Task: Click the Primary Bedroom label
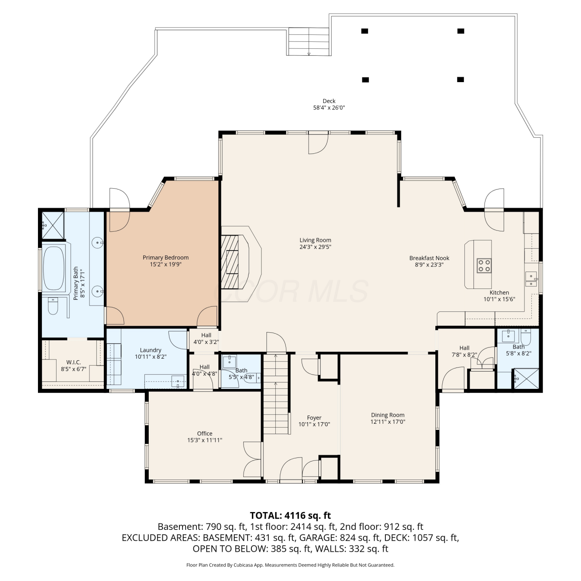(165, 258)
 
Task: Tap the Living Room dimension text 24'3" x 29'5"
(315, 247)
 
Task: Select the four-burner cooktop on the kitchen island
(484, 266)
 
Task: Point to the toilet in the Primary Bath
(53, 306)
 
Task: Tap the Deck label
(329, 101)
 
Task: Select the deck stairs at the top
(309, 42)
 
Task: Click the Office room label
(205, 433)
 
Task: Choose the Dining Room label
(388, 415)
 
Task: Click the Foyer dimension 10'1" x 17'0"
(314, 424)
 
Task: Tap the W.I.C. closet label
(74, 363)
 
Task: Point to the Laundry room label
(150, 350)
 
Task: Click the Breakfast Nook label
(429, 258)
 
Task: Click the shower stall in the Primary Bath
(53, 225)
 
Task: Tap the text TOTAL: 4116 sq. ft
(290, 516)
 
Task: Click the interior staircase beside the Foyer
(276, 393)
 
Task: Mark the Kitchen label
(499, 292)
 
